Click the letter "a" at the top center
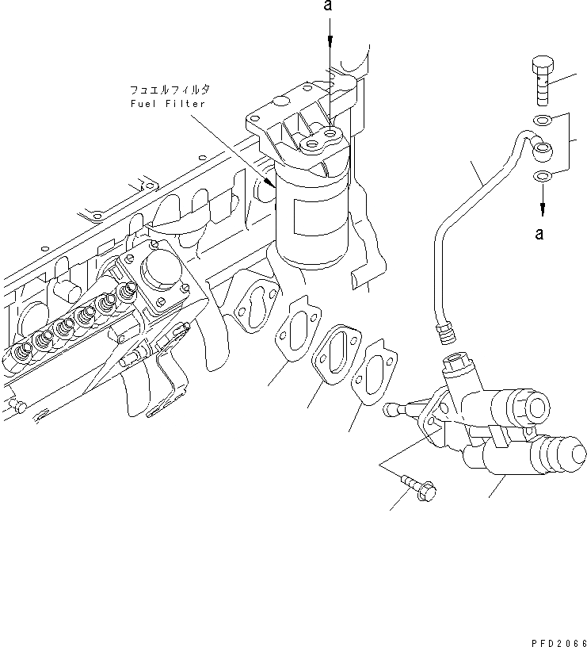(x=326, y=7)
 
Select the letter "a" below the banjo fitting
(x=540, y=233)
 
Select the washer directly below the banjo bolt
(x=543, y=120)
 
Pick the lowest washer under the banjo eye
(x=543, y=175)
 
